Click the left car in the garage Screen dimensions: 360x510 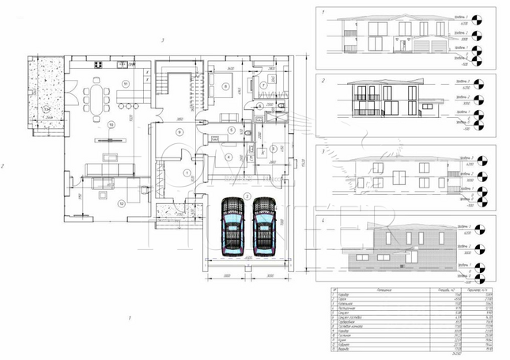[232, 225]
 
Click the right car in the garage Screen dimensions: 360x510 [263, 225]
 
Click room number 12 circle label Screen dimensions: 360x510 [121, 203]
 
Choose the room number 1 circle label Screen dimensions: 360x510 [187, 171]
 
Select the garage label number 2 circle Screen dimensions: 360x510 [247, 194]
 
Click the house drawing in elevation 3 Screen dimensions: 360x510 [387, 174]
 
